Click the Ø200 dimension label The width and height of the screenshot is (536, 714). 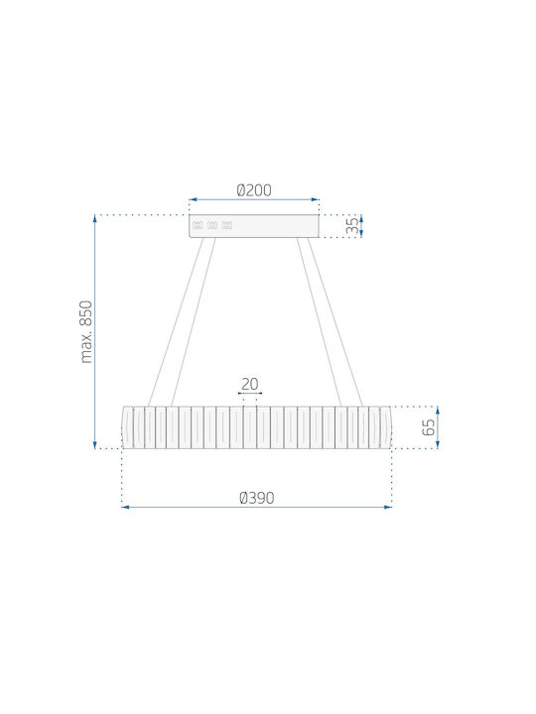(x=254, y=189)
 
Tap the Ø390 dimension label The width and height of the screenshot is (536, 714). (x=257, y=498)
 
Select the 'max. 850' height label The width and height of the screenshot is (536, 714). (x=85, y=331)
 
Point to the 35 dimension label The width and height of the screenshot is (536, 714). (x=352, y=226)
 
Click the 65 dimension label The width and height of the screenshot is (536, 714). (x=429, y=427)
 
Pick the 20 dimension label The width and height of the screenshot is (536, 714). (x=249, y=385)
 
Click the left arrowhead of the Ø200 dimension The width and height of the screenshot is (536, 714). (x=193, y=199)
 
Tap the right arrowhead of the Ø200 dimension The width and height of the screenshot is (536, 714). (x=315, y=199)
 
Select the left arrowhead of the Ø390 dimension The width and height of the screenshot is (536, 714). (x=125, y=507)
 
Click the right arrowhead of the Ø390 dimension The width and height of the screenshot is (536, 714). (x=388, y=507)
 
